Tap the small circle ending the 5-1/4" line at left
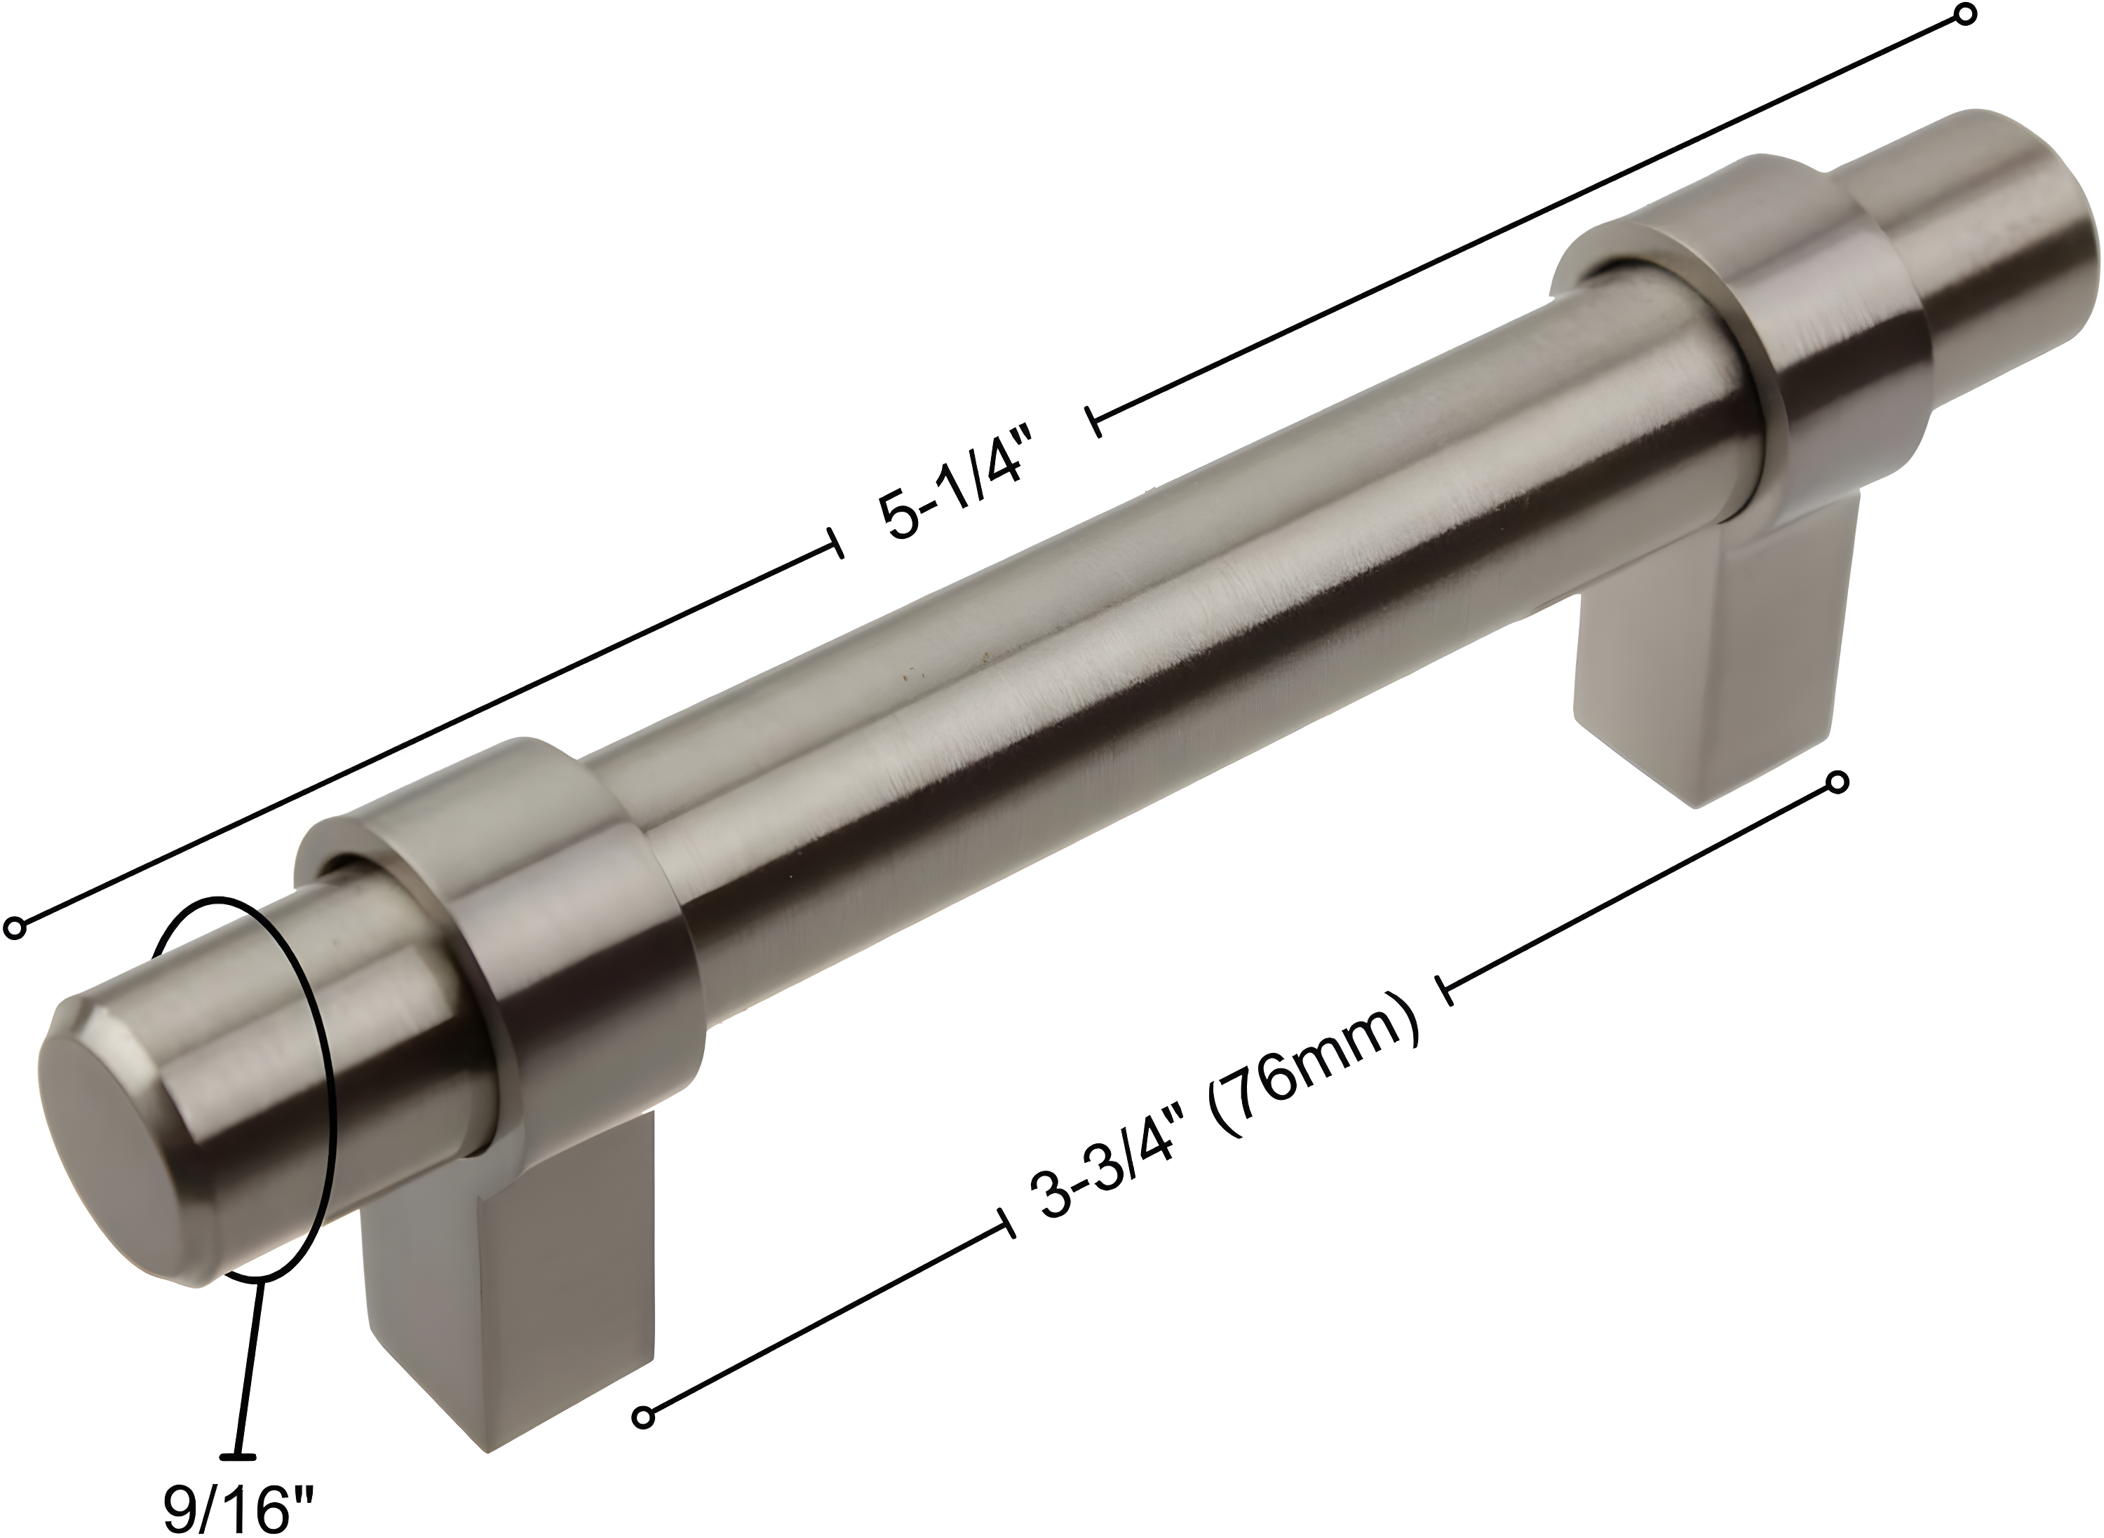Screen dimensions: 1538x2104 click(15, 927)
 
